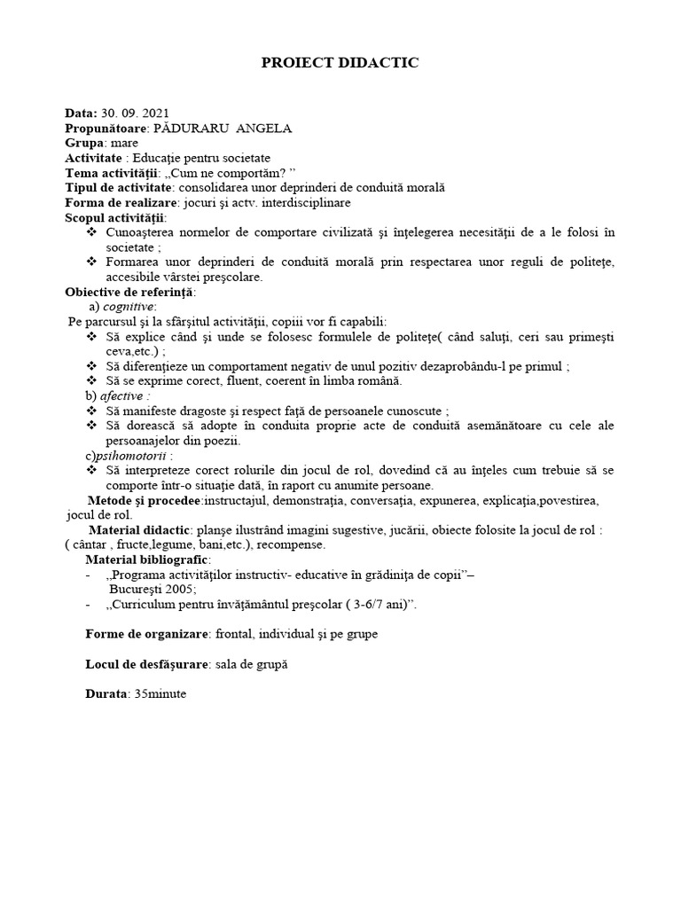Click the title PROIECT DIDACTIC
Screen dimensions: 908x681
[x=340, y=63]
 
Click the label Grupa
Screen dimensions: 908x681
[x=84, y=143]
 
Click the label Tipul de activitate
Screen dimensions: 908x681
[x=119, y=187]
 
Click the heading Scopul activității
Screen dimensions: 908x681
[x=114, y=217]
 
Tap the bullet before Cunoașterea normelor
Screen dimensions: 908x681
[x=92, y=232]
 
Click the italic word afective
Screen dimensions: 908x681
[x=122, y=395]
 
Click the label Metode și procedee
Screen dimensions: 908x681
[x=145, y=500]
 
